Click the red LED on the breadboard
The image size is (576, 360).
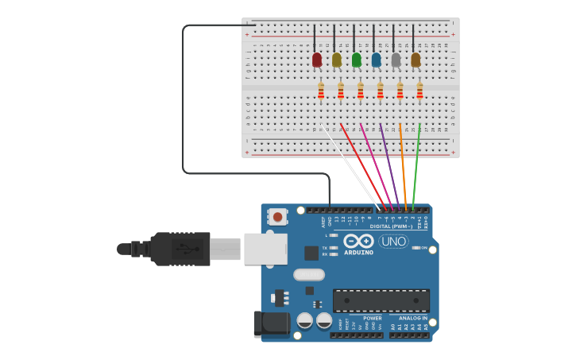pos(317,60)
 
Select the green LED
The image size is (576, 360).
pos(357,60)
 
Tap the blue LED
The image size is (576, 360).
pos(377,60)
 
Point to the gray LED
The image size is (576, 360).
pos(396,60)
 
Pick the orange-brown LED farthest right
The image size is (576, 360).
pos(416,60)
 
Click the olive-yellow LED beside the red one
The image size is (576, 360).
pos(337,60)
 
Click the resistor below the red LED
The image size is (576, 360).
pos(321,92)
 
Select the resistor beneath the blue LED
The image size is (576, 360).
pos(380,92)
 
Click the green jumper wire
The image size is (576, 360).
pos(416,167)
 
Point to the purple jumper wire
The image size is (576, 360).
pos(389,163)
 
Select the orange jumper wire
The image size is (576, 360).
pos(403,167)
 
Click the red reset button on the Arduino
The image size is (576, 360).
pos(277,216)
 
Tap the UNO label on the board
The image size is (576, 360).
pos(393,242)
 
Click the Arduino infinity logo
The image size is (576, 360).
pos(358,242)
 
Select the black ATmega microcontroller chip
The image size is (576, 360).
pos(381,300)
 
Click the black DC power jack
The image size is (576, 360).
pos(270,323)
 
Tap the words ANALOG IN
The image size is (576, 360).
pos(413,318)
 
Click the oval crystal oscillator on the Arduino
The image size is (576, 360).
pos(309,275)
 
